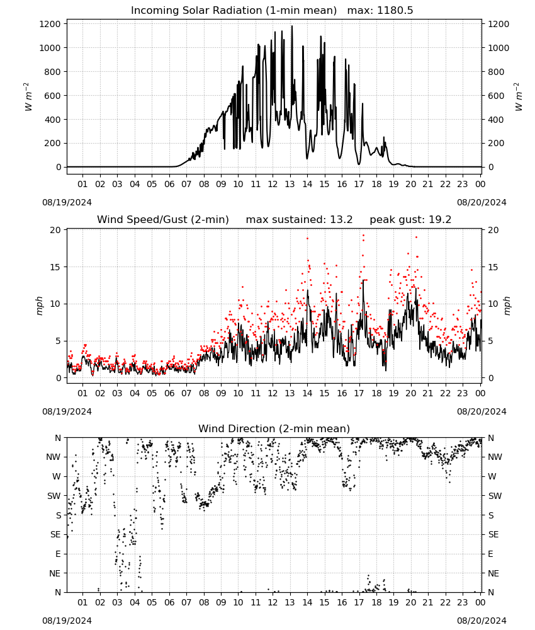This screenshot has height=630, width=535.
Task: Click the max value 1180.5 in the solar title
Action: click(x=395, y=11)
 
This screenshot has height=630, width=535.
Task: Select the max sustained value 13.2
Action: click(x=341, y=220)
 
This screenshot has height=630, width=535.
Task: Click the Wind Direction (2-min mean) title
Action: click(x=274, y=428)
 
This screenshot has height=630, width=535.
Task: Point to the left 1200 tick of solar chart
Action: click(x=50, y=24)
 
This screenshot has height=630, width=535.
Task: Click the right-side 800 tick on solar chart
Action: click(x=496, y=72)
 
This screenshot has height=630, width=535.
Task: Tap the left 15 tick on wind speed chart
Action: click(x=55, y=267)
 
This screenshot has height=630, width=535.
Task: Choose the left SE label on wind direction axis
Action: click(x=55, y=534)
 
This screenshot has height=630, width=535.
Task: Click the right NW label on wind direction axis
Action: click(x=495, y=457)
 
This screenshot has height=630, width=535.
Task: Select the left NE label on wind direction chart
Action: click(x=55, y=573)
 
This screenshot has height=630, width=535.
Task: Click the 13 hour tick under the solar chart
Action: click(x=290, y=184)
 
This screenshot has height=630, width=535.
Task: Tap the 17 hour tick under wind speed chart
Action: click(x=359, y=393)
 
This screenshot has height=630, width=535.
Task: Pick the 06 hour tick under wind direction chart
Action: click(x=169, y=602)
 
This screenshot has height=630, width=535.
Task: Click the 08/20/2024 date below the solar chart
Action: click(x=481, y=202)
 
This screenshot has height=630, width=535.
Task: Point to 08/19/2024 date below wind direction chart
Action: click(x=67, y=621)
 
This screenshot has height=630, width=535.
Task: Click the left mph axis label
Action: click(x=39, y=306)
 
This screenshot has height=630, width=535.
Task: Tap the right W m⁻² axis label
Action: click(x=518, y=97)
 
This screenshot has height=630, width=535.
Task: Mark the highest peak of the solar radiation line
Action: click(x=292, y=26)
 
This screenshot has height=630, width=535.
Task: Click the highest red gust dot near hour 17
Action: click(x=363, y=236)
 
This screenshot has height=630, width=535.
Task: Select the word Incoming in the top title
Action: click(x=152, y=11)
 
